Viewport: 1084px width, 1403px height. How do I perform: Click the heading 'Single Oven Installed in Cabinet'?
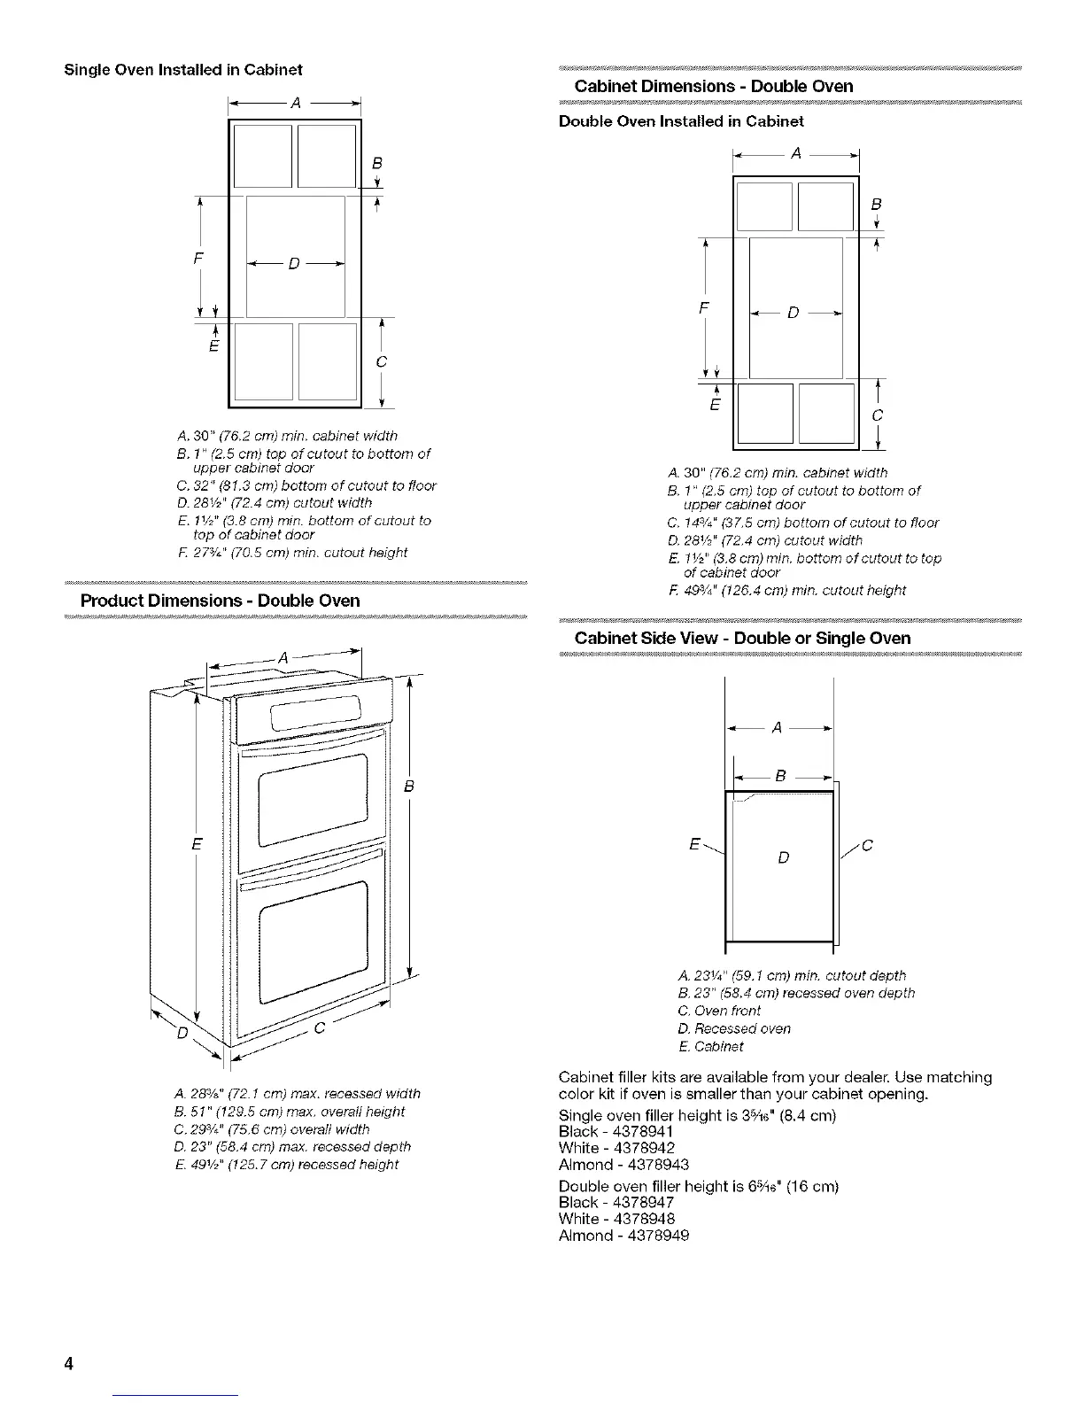coord(183,70)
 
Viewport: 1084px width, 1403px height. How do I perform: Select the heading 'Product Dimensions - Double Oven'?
coord(221,601)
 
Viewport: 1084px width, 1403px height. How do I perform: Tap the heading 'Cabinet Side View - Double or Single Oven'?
coord(742,638)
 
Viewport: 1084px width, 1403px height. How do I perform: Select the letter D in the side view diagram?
coord(783,857)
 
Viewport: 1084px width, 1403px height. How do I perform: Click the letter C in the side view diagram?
coord(867,846)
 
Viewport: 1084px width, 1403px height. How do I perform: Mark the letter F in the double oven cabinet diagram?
coord(703,309)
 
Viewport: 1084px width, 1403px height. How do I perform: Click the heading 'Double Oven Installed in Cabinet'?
coord(681,121)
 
